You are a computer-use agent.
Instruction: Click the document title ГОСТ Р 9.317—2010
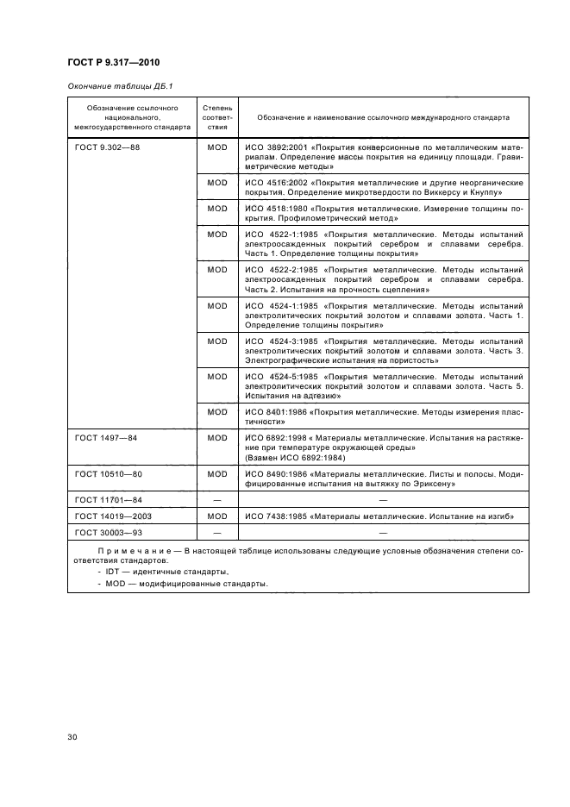pyautogui.click(x=112, y=63)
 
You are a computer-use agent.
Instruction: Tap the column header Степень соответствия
pyautogui.click(x=216, y=116)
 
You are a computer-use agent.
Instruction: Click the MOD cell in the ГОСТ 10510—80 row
pyautogui.click(x=216, y=474)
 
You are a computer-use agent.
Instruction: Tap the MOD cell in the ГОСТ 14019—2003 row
pyautogui.click(x=216, y=516)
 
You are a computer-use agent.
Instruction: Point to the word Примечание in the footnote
pyautogui.click(x=130, y=550)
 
